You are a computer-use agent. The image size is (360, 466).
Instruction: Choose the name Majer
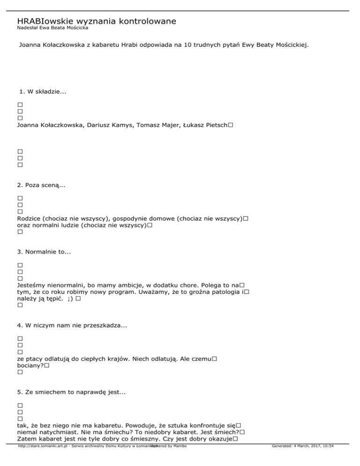168,126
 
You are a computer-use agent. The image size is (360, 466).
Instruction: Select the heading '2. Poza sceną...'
41,186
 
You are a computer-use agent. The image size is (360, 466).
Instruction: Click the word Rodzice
30,219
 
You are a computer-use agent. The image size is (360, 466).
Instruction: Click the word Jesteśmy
32,286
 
